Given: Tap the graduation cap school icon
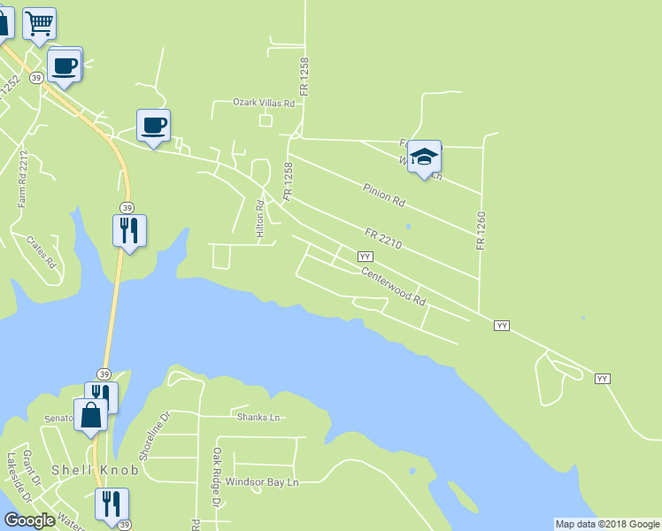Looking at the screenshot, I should (x=424, y=157).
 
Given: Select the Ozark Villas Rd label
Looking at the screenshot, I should (x=264, y=104).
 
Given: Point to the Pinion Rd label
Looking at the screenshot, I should (x=383, y=195).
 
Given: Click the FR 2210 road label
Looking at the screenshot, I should (x=383, y=236).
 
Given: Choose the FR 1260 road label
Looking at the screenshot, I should (x=481, y=229).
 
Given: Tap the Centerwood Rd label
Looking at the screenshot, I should (x=394, y=288).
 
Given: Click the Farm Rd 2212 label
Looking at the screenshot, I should (x=23, y=179).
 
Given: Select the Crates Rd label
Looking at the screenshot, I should (x=42, y=251).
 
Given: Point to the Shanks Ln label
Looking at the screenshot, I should (x=258, y=416).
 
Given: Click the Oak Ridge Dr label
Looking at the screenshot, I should (x=216, y=478).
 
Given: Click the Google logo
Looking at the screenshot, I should (x=29, y=520).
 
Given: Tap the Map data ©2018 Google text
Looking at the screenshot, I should (x=607, y=524).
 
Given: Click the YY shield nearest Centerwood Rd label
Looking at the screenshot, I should (x=365, y=256).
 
